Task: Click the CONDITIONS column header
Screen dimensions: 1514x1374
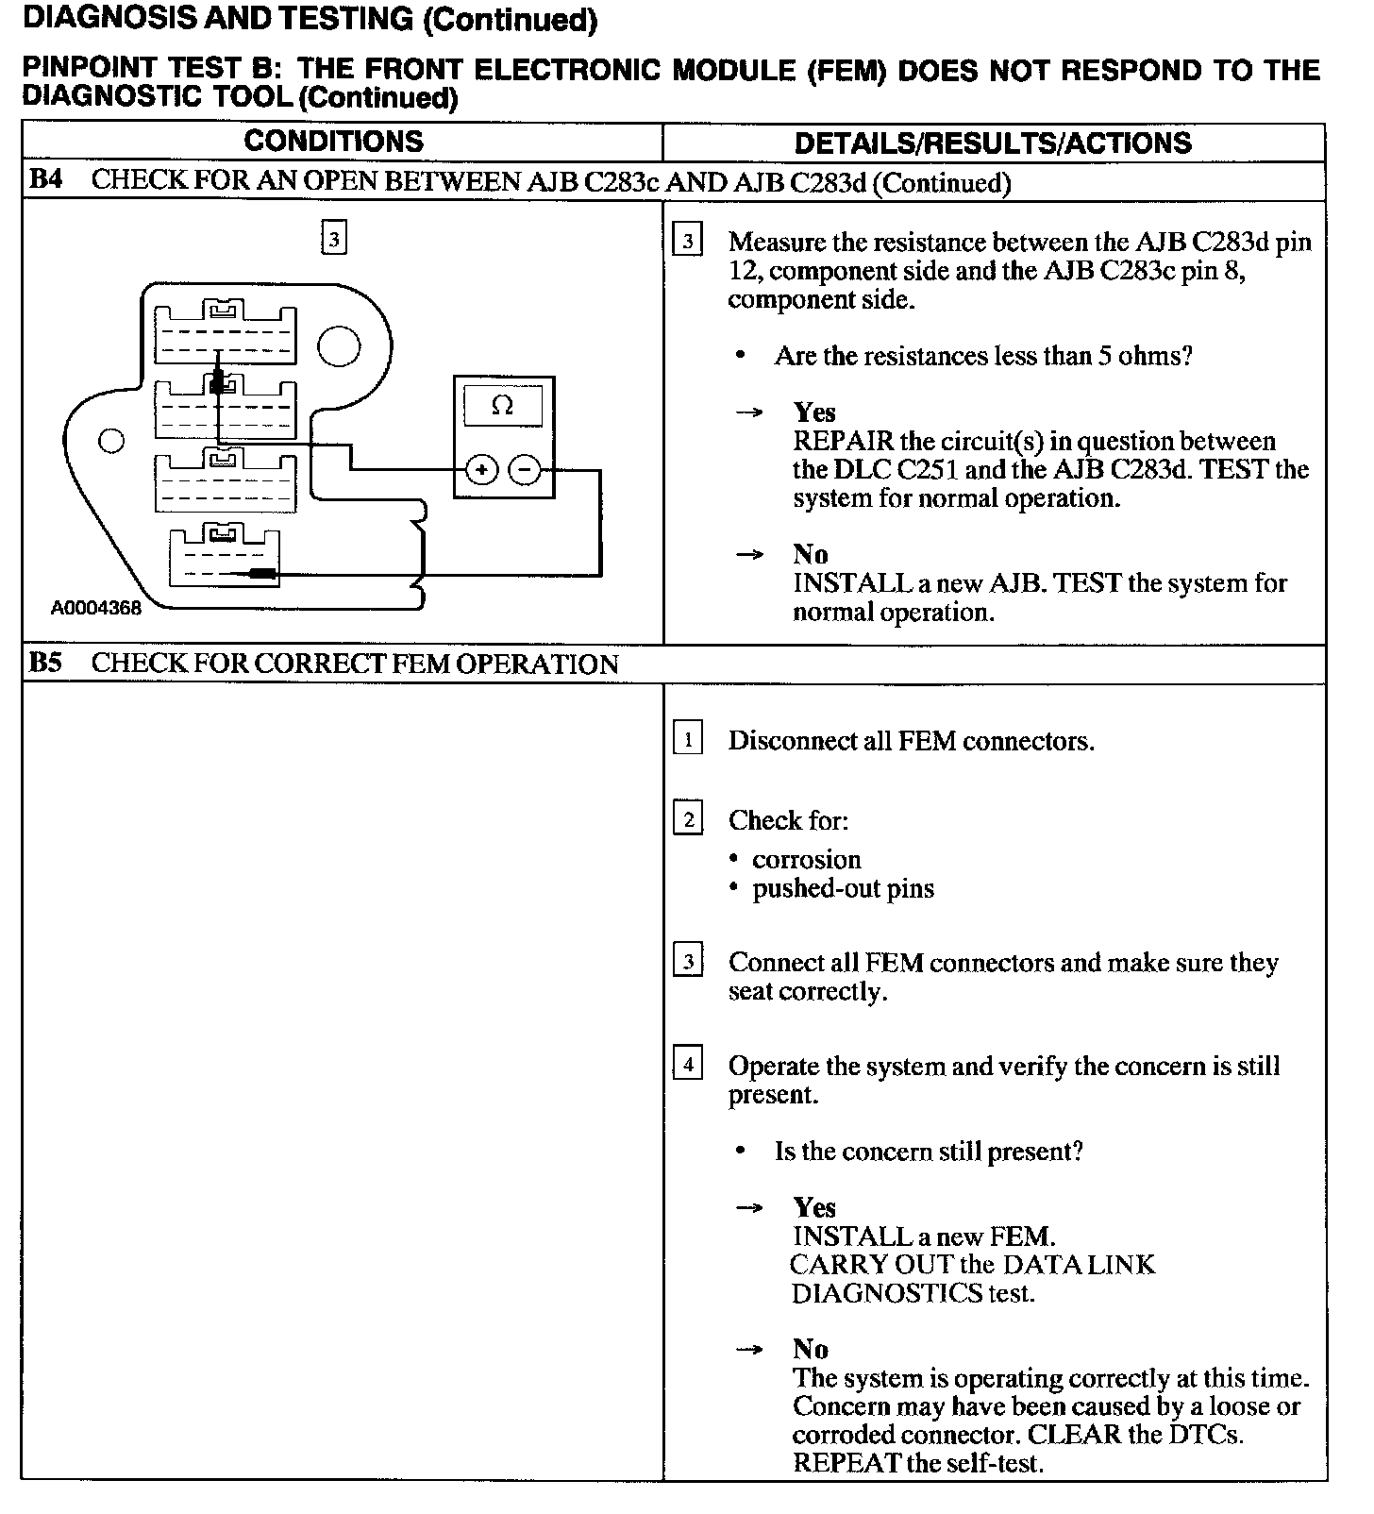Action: [x=333, y=142]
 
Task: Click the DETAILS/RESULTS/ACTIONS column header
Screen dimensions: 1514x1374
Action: [x=993, y=143]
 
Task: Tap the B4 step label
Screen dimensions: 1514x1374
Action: [x=45, y=180]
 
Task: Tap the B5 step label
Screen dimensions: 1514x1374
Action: [x=45, y=663]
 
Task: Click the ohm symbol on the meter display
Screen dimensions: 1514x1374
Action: [x=503, y=406]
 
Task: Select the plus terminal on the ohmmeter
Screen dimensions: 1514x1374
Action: [x=481, y=469]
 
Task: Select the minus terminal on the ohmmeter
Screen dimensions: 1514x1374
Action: [x=525, y=469]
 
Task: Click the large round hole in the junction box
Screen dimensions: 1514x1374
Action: [x=338, y=346]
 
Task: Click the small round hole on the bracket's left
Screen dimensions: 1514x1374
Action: [x=111, y=441]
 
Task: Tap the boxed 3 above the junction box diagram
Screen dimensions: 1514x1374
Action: [x=333, y=239]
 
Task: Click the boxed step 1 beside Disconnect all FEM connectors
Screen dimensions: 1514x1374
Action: [x=688, y=739]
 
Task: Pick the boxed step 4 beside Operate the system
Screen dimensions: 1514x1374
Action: [x=688, y=1065]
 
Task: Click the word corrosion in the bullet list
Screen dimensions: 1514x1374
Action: [x=807, y=860]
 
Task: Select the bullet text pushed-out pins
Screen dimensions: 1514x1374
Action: [x=843, y=889]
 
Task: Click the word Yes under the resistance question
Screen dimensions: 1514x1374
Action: [x=814, y=412]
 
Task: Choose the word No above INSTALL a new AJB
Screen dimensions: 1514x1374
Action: [x=810, y=554]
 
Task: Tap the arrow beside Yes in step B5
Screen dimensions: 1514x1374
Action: [x=750, y=1208]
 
